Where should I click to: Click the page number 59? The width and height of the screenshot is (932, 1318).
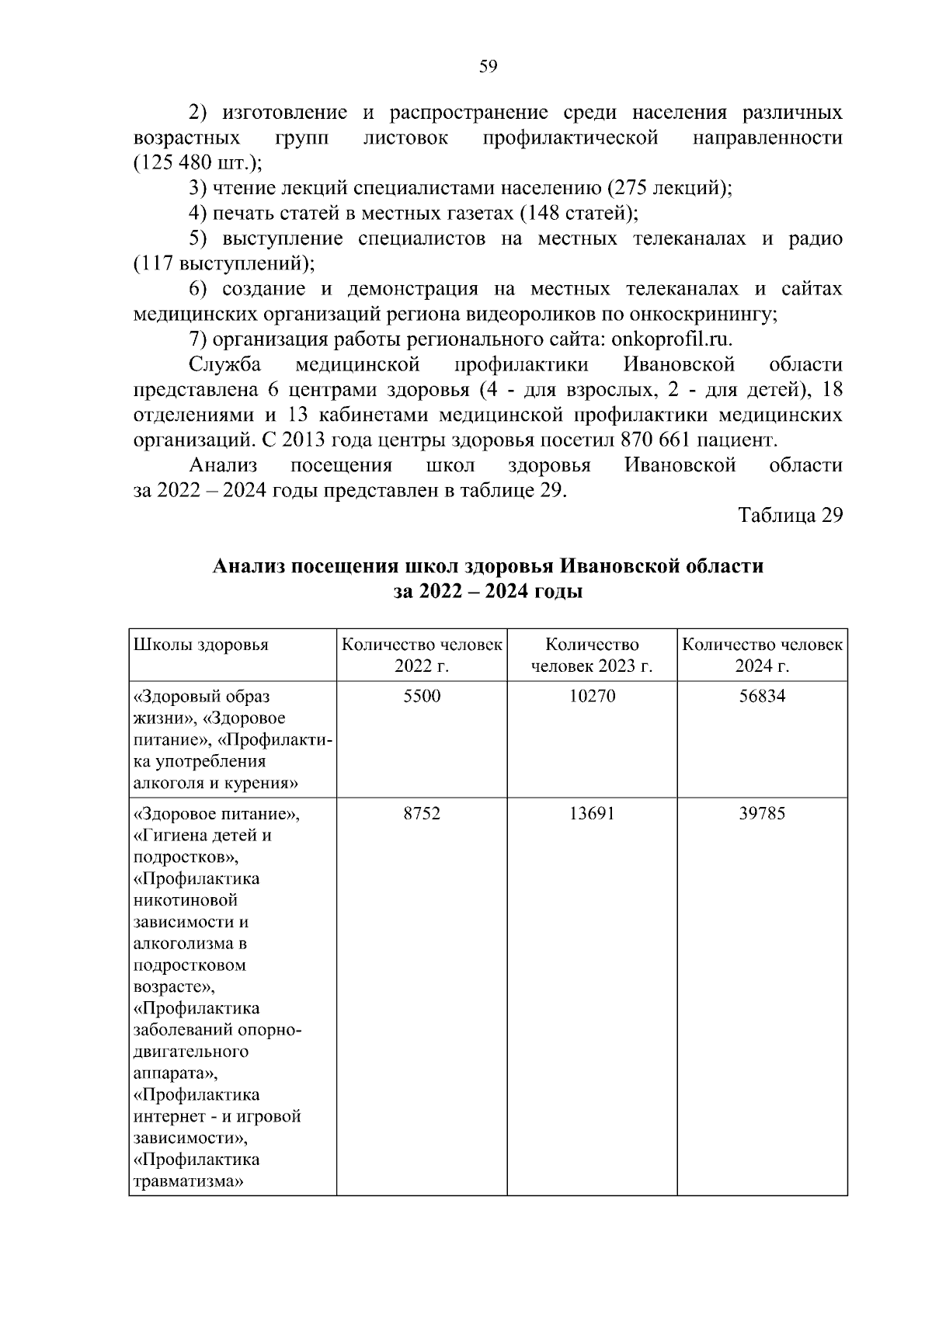488,67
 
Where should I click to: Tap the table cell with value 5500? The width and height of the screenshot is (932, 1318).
422,696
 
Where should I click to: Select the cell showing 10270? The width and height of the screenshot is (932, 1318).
592,696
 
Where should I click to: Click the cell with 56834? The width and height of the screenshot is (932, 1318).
762,696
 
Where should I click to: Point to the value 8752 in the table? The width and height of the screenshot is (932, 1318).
422,813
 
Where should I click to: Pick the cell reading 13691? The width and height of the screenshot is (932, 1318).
592,813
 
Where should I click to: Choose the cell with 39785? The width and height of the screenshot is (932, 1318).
762,813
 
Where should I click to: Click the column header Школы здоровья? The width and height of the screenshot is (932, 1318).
201,645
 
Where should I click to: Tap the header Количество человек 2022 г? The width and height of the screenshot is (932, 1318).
422,656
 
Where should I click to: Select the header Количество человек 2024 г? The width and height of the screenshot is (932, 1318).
762,656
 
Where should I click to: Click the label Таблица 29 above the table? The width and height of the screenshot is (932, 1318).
790,516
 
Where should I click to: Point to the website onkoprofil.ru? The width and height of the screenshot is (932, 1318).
672,339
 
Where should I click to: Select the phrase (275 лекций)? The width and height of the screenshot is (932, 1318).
668,188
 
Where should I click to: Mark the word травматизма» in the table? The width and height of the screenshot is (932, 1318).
184,1181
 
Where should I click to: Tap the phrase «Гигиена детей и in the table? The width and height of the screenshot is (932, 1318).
203,836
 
